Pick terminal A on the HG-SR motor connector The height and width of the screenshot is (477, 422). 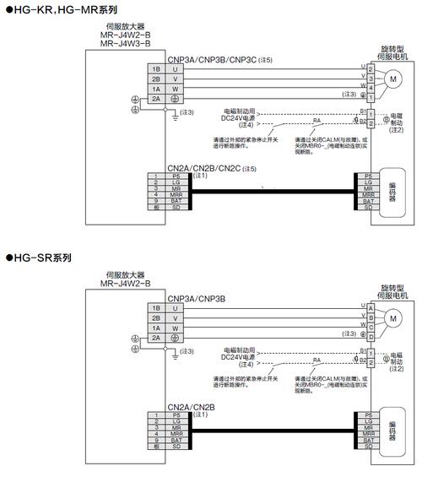point(371,307)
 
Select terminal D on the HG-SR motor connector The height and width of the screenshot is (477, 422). point(371,336)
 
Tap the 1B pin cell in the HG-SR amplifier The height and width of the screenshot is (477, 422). point(156,308)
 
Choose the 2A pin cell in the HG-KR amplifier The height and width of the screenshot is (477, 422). point(156,98)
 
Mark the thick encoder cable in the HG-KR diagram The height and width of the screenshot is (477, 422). point(270,192)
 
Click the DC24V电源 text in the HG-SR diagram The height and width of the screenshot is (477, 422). point(240,356)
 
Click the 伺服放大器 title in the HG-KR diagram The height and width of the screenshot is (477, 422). point(125,26)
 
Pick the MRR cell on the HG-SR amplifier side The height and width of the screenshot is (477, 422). point(176,434)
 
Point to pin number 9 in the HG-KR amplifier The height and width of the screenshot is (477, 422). point(156,202)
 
